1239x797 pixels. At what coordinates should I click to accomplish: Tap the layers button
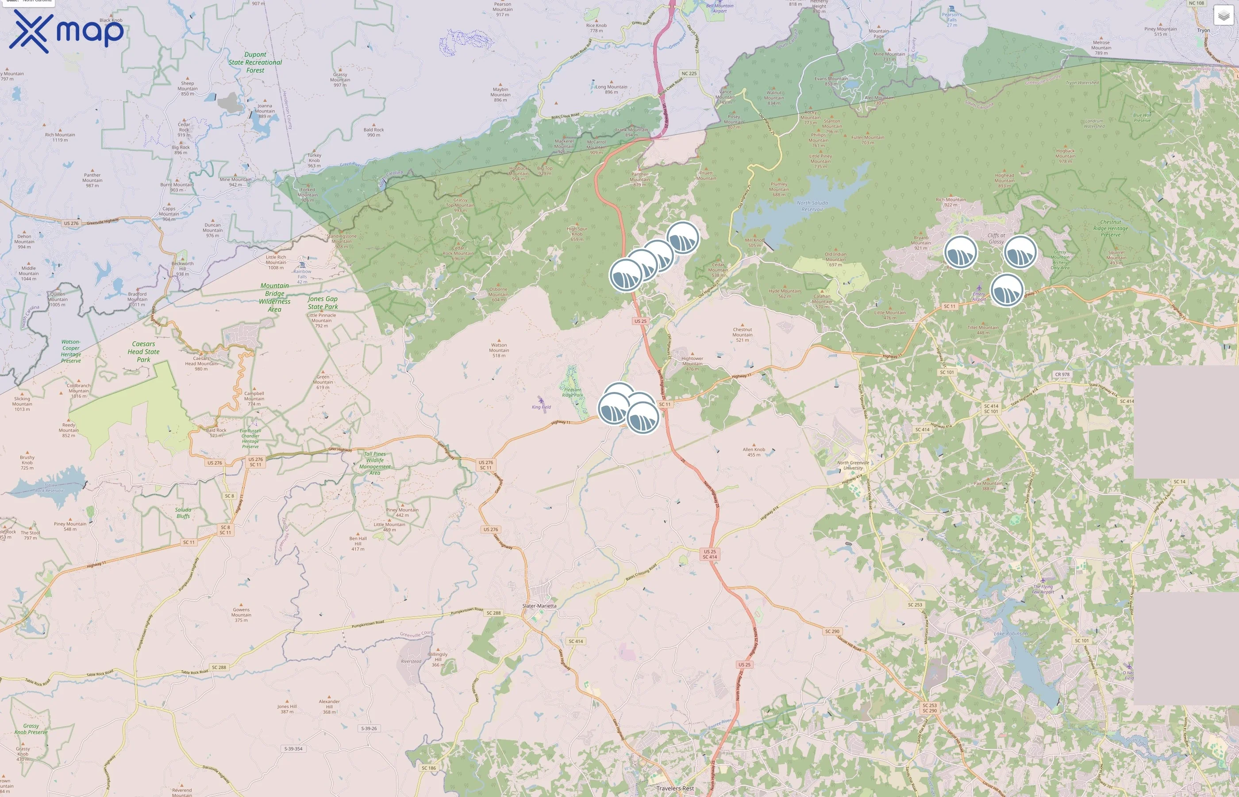coord(1223,16)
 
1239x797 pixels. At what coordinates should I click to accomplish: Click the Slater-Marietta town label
coord(539,606)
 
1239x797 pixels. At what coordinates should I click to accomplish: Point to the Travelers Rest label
coord(675,788)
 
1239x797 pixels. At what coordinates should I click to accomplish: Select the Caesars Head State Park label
coord(143,352)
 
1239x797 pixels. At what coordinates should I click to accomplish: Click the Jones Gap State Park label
coord(323,303)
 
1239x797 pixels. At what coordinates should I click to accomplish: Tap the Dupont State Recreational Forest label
coord(255,62)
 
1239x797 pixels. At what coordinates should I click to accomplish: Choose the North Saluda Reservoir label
coord(812,206)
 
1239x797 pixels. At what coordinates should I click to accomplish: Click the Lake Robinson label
coord(1010,634)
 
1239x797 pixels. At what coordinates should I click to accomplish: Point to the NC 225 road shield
coord(689,74)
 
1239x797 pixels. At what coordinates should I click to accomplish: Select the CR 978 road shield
coord(1062,374)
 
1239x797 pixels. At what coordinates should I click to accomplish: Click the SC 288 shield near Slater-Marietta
coord(493,613)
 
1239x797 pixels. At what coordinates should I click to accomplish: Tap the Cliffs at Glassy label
coord(996,239)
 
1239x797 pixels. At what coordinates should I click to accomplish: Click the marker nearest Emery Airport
coord(1006,290)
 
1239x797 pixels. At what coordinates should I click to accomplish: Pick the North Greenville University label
coord(853,465)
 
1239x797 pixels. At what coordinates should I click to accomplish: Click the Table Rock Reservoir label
coord(50,487)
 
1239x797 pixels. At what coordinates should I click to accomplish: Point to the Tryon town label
coord(1203,30)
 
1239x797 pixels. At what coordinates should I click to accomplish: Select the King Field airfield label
coord(541,407)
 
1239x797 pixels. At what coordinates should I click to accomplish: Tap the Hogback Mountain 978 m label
coord(1065,156)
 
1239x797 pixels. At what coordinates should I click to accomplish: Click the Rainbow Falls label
coord(303,274)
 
